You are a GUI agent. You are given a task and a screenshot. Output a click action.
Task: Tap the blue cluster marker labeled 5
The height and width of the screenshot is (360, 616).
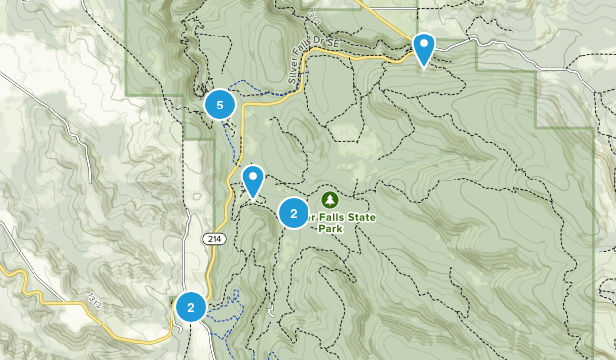click(219, 103)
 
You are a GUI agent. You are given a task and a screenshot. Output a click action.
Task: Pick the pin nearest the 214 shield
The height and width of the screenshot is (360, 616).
click(253, 181)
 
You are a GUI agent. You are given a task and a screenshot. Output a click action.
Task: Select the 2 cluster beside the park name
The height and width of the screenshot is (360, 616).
click(294, 213)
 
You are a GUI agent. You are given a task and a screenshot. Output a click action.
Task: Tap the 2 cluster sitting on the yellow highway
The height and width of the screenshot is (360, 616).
click(191, 308)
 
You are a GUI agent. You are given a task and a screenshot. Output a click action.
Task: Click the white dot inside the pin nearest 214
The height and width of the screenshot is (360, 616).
click(253, 179)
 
